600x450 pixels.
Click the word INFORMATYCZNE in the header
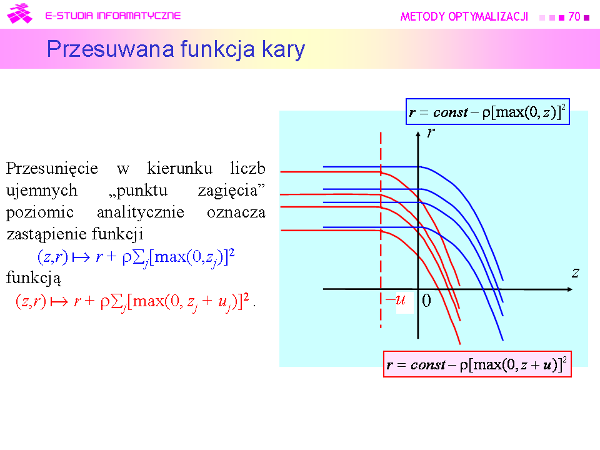click(139, 16)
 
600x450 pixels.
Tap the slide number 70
click(574, 16)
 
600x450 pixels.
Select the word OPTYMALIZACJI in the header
click(488, 16)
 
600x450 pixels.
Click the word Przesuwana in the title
click(111, 49)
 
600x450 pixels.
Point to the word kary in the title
click(283, 50)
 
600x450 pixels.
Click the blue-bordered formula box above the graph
click(487, 112)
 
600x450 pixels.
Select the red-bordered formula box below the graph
click(477, 364)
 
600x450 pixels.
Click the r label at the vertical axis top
click(431, 132)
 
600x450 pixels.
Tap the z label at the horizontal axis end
click(575, 273)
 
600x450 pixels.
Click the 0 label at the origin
click(426, 301)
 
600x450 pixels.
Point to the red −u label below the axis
click(396, 299)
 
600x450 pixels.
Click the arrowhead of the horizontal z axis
click(570, 289)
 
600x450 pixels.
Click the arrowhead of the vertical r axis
click(418, 133)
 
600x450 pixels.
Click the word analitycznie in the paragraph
click(141, 212)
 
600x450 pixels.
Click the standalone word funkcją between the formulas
click(34, 277)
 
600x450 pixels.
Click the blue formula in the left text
click(136, 257)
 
